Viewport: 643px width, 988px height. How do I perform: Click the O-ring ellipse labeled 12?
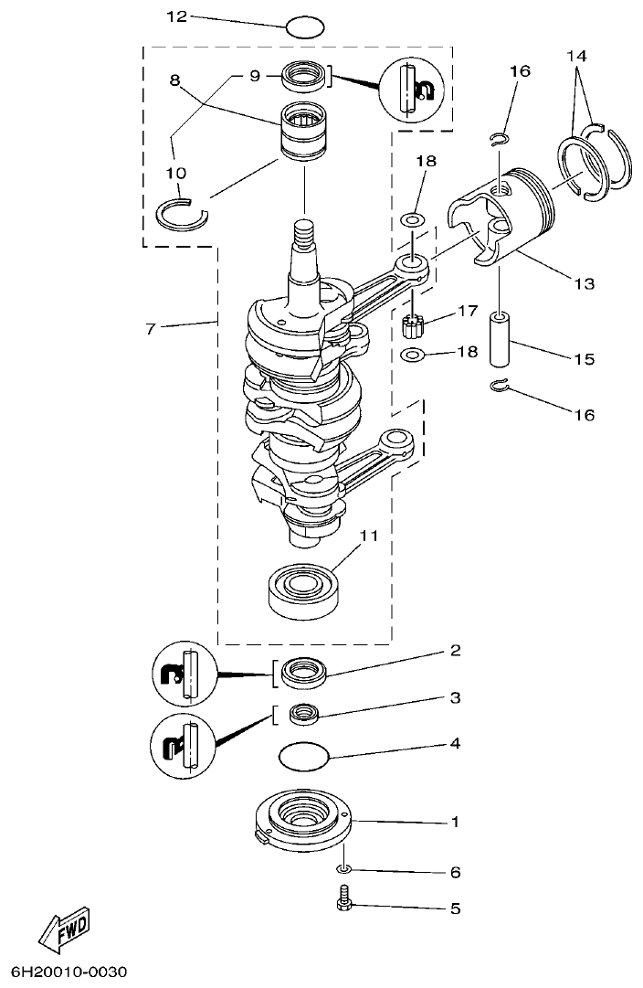[x=305, y=27]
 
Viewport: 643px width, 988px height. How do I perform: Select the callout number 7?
[x=150, y=328]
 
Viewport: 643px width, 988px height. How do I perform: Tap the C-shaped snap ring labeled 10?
[x=183, y=215]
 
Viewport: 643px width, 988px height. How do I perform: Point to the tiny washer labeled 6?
[x=343, y=867]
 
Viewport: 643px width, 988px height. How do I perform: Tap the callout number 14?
[x=576, y=56]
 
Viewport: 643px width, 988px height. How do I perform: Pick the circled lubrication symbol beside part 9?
[x=416, y=89]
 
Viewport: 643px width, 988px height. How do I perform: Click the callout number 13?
[x=582, y=284]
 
